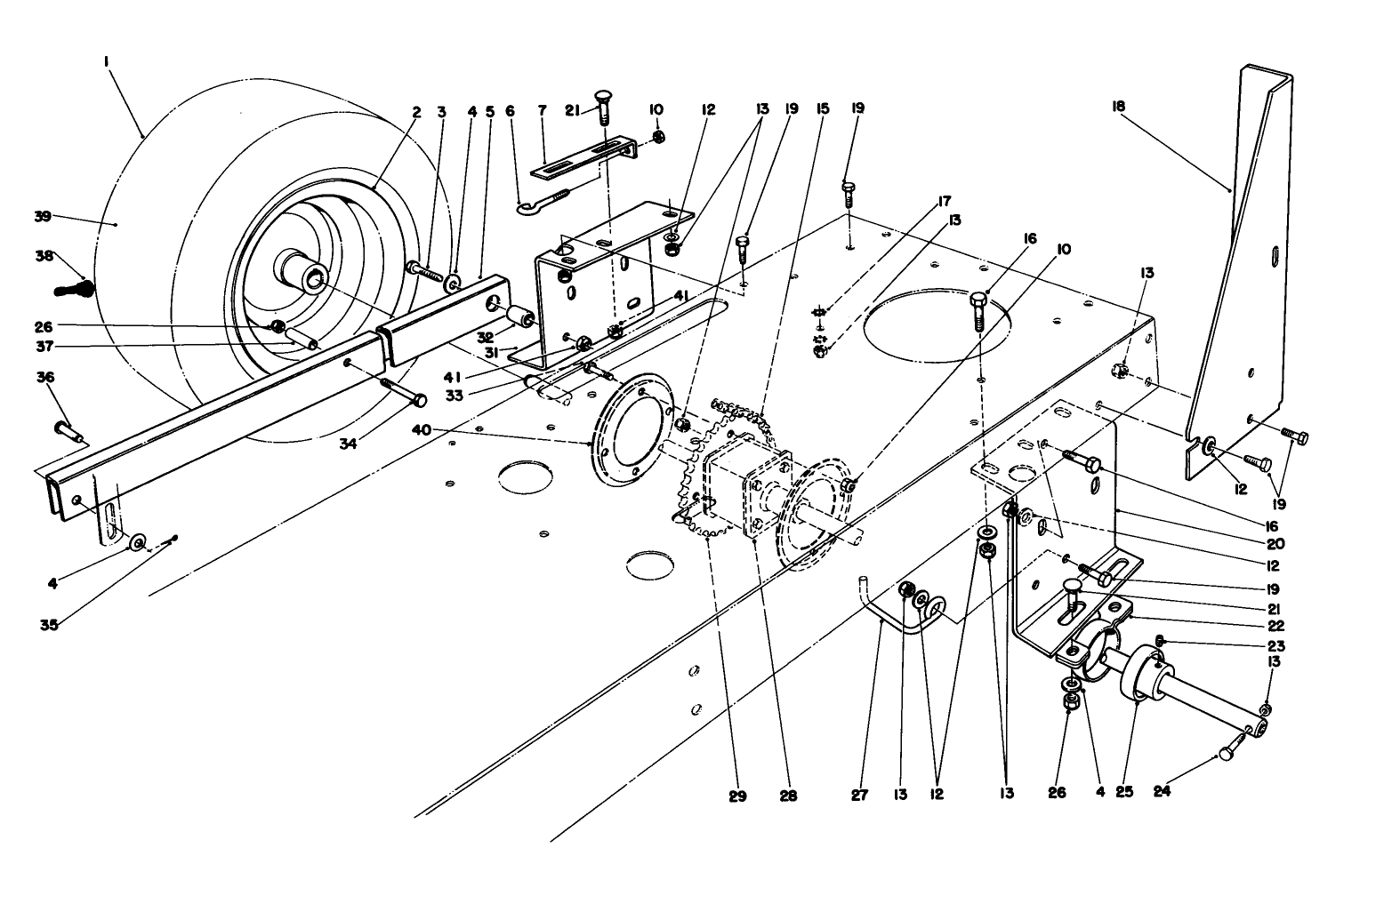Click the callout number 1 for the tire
(x=106, y=61)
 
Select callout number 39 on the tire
(x=43, y=216)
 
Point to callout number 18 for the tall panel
(x=1118, y=107)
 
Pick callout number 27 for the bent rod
(x=859, y=796)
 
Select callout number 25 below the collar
(x=1125, y=791)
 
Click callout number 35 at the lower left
(x=49, y=625)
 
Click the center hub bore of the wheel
(x=316, y=281)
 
